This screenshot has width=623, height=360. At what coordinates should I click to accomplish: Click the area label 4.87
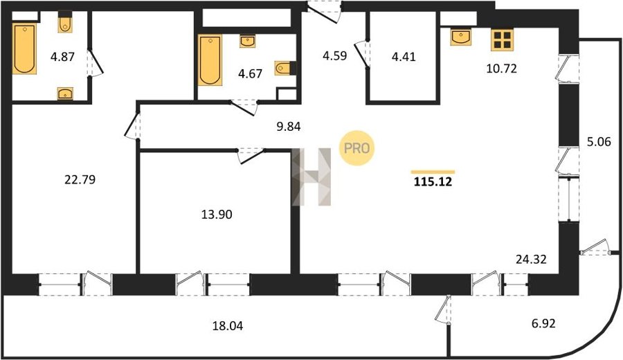pyautogui.click(x=62, y=57)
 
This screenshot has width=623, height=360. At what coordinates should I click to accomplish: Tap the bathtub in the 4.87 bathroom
pyautogui.click(x=24, y=48)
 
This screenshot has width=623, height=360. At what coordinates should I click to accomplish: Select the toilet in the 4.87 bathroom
pyautogui.click(x=65, y=22)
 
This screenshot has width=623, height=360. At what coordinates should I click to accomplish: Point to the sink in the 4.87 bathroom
pyautogui.click(x=65, y=93)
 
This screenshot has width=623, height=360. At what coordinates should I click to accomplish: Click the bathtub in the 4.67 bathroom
pyautogui.click(x=210, y=60)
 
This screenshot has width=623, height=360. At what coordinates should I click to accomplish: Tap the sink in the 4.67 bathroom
pyautogui.click(x=248, y=41)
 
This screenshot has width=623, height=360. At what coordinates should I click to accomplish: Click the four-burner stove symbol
pyautogui.click(x=503, y=39)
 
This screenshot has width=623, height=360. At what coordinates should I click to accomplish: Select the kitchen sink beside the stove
pyautogui.click(x=461, y=37)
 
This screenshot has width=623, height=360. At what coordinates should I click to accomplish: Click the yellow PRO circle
pyautogui.click(x=356, y=148)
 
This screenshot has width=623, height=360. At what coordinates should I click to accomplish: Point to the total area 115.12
pyautogui.click(x=433, y=182)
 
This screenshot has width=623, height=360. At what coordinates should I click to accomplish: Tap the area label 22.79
pyautogui.click(x=80, y=180)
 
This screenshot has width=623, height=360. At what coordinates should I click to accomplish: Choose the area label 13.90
pyautogui.click(x=217, y=215)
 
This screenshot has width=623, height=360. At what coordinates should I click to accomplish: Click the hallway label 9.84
pyautogui.click(x=289, y=127)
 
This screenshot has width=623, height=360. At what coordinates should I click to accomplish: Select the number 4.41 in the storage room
pyautogui.click(x=404, y=57)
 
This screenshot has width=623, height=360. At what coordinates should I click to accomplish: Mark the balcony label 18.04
pyautogui.click(x=228, y=326)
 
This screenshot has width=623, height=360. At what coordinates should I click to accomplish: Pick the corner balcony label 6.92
pyautogui.click(x=543, y=323)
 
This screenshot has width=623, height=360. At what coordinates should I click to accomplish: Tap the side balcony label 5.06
pyautogui.click(x=599, y=141)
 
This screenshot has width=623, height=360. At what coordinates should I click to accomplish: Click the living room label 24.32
pyautogui.click(x=531, y=260)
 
